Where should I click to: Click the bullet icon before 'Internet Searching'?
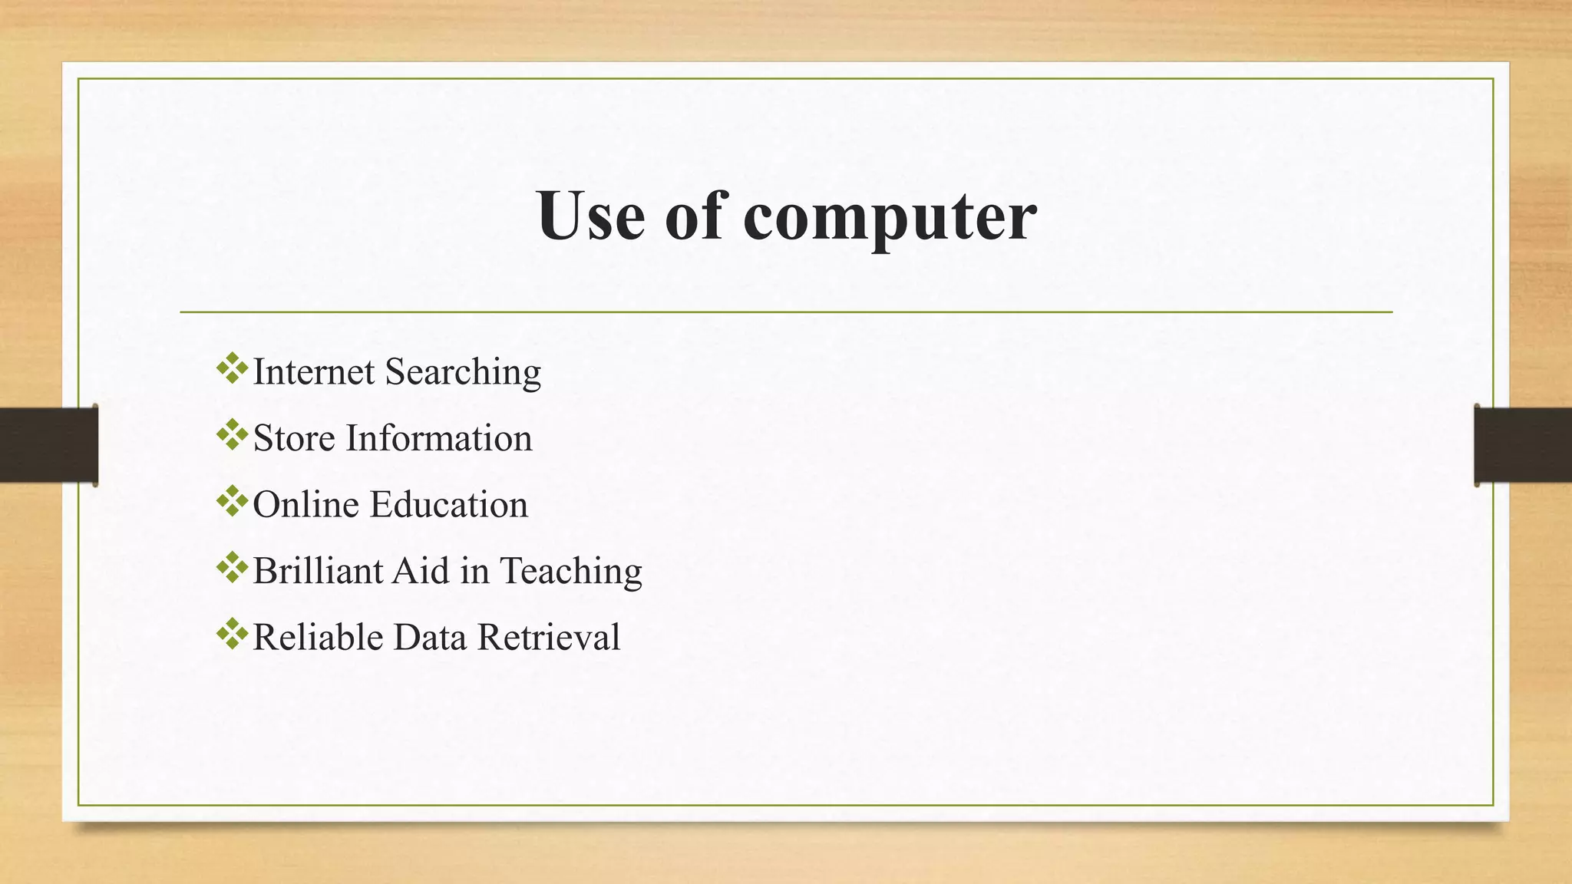pos(232,369)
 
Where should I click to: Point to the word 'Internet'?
pos(313,372)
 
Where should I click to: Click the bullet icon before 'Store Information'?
pos(232,435)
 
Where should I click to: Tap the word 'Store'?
pos(294,439)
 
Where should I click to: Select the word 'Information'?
pos(438,439)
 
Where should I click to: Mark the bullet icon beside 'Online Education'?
pos(232,502)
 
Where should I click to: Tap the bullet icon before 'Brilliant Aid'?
pos(232,568)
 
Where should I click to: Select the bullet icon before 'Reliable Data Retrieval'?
pos(232,635)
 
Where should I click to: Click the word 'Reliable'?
pos(318,638)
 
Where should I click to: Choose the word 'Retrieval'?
pos(549,638)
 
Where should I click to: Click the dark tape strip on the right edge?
pos(1523,445)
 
